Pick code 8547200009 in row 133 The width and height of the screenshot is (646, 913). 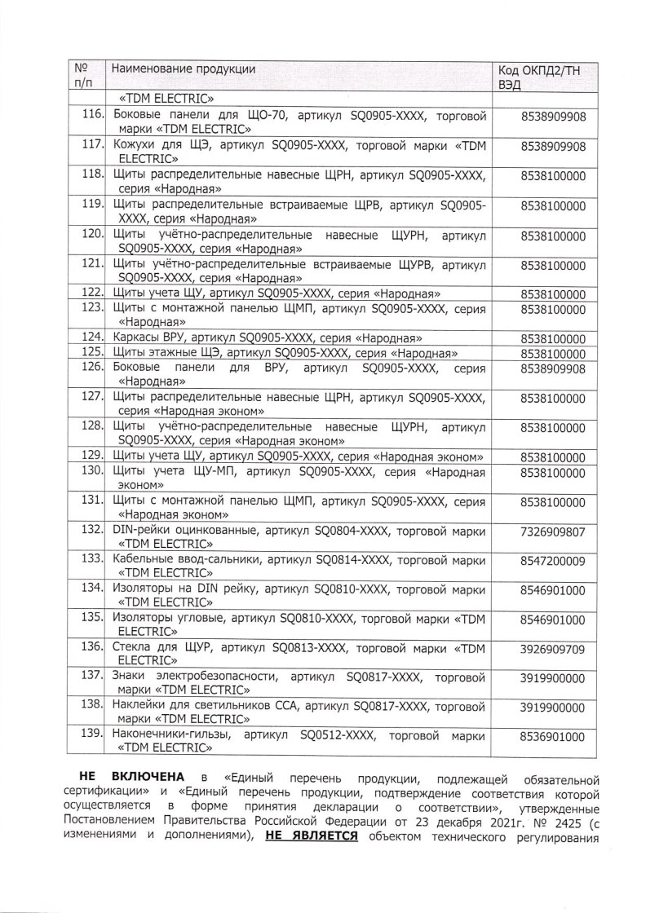tap(552, 561)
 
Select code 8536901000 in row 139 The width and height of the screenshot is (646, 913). tap(552, 737)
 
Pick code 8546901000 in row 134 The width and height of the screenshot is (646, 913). tap(552, 590)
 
